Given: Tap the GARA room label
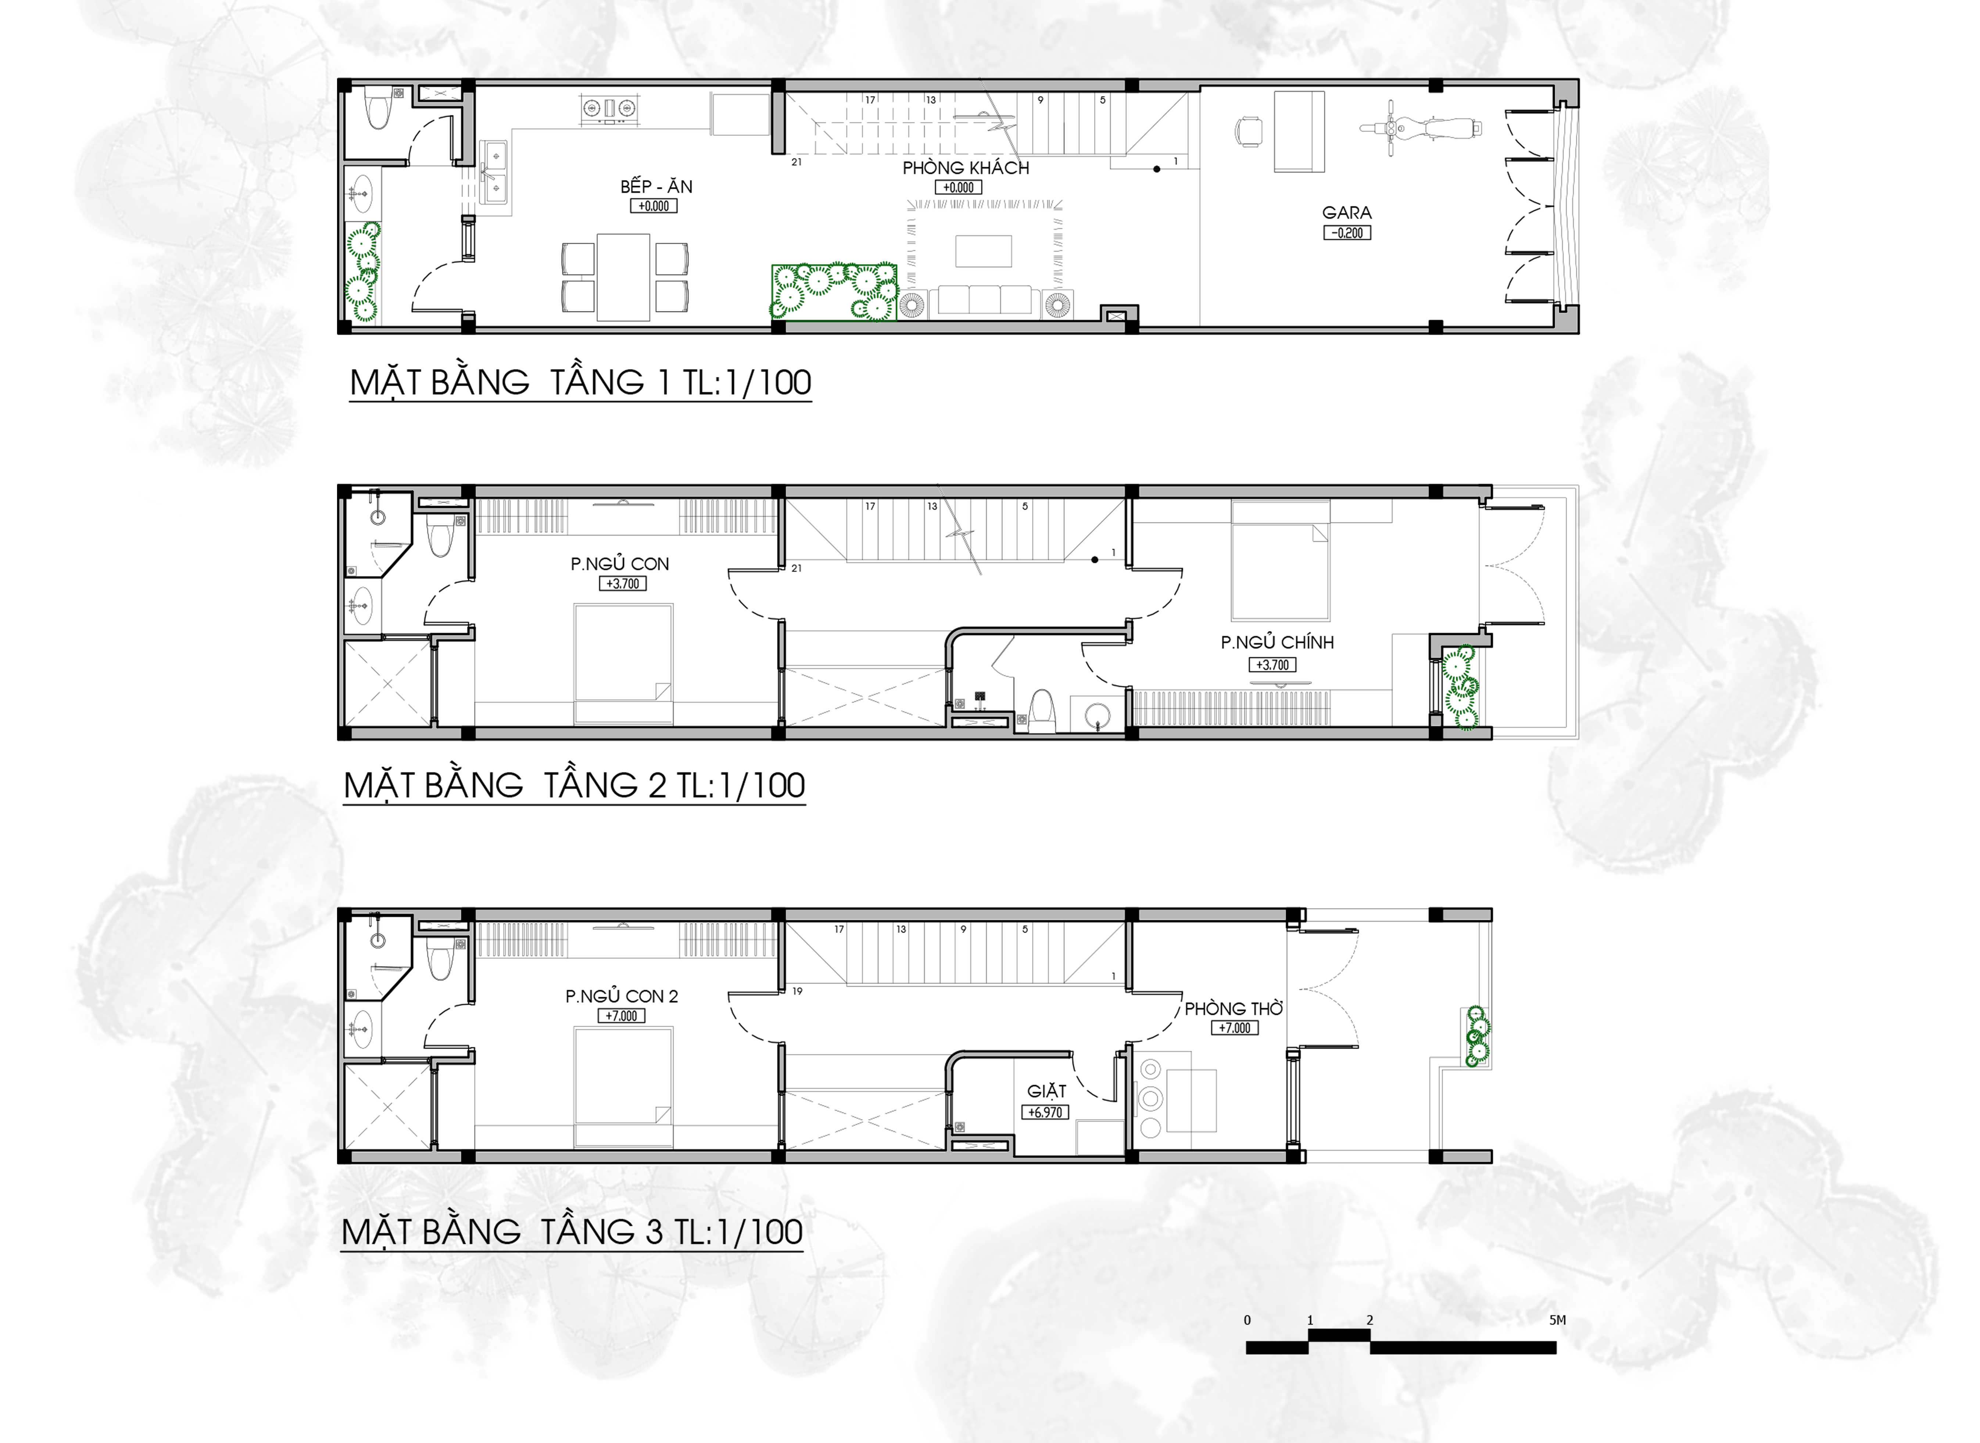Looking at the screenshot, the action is [1346, 212].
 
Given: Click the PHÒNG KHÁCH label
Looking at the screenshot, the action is [966, 168].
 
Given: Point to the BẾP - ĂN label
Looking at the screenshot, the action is [656, 186].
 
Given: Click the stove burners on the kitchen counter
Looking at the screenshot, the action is [609, 108].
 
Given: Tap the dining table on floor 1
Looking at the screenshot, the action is [623, 277].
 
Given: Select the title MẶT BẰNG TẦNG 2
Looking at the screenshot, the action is [574, 785].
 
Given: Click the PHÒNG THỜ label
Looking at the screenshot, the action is [1234, 1008].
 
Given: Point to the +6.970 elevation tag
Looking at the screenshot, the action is [1045, 1112].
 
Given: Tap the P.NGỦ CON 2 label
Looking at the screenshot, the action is [621, 996].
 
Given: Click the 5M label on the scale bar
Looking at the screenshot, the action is [1557, 1320].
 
